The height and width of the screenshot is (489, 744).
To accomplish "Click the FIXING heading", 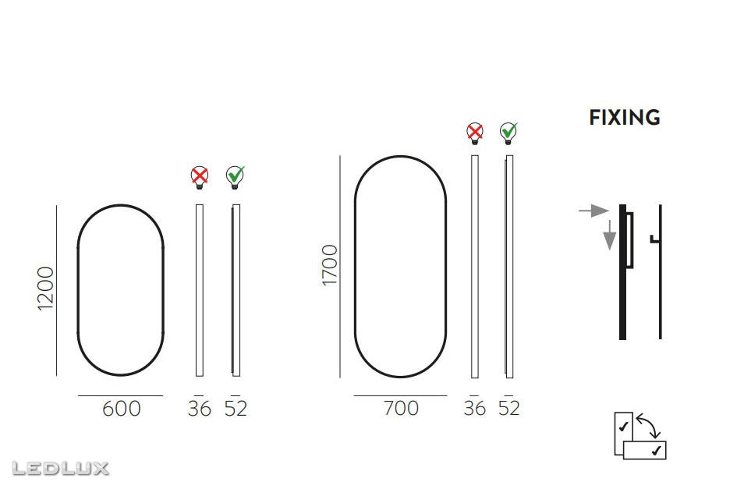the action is tap(625, 117).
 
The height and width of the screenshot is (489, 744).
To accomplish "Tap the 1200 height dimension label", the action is tap(46, 289).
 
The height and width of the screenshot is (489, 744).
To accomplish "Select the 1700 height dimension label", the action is tap(330, 265).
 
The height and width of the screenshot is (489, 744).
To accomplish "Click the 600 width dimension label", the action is tap(122, 409).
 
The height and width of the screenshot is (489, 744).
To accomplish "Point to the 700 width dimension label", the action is tap(401, 409).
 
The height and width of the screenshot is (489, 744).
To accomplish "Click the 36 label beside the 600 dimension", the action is tap(200, 409).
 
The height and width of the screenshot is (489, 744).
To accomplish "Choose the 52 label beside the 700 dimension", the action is tap(509, 409).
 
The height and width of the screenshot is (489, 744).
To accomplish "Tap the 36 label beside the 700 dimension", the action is tap(474, 409).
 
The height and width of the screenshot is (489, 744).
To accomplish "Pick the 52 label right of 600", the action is tap(236, 409).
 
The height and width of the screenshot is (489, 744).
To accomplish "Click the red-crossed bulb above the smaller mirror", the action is tap(200, 177).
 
